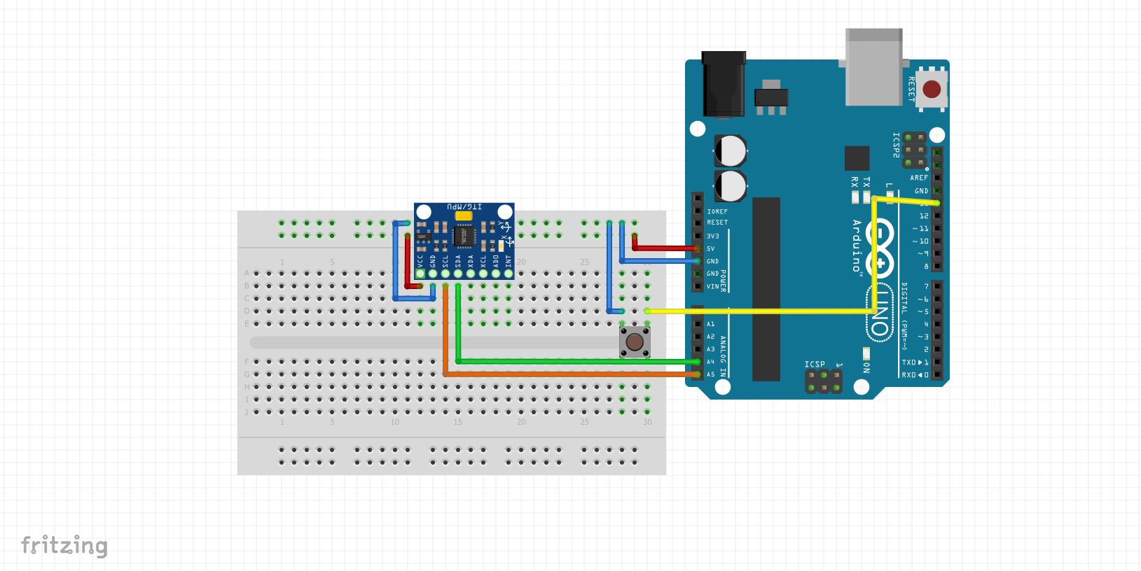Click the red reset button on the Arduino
[x=931, y=90]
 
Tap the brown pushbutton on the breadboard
[x=635, y=342]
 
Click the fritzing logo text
[x=64, y=545]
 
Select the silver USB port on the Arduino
[x=873, y=68]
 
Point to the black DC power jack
[x=724, y=84]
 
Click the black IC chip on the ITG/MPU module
[x=464, y=236]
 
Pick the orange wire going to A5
[x=560, y=374]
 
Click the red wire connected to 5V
[x=665, y=248]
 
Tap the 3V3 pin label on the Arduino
[x=713, y=237]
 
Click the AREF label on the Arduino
[x=919, y=178]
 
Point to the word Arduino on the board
[x=857, y=246]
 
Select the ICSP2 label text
[x=896, y=145]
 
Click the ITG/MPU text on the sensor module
[x=464, y=207]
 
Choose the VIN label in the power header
[x=712, y=287]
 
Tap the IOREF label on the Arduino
[x=717, y=211]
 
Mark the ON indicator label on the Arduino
[x=866, y=367]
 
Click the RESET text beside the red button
[x=911, y=90]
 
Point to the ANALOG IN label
[x=724, y=355]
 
